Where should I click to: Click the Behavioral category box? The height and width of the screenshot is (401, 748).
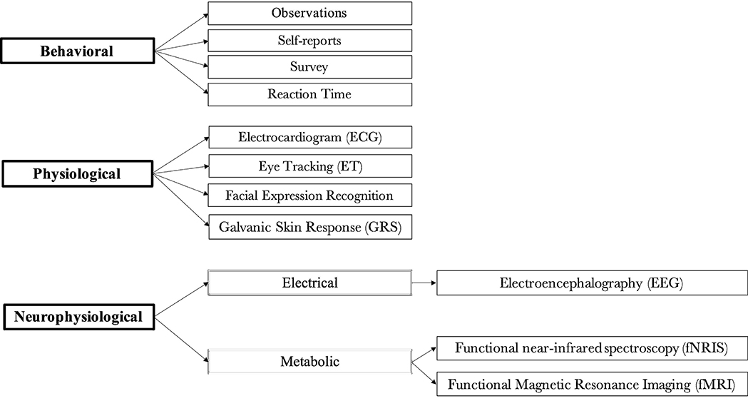tap(77, 51)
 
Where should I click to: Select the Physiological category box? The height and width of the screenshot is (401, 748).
tap(77, 173)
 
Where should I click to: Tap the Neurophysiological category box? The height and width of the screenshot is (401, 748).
tap(77, 315)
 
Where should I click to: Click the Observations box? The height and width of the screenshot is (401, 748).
tap(309, 14)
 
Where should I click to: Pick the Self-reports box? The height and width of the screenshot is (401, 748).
tap(309, 41)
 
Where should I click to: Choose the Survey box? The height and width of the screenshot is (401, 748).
tap(309, 67)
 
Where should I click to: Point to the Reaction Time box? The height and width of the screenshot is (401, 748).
tap(309, 94)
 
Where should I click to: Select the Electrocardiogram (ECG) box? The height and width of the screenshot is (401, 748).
tap(309, 136)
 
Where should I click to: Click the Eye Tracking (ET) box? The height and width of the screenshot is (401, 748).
tap(309, 166)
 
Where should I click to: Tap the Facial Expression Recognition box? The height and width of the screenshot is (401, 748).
tap(309, 195)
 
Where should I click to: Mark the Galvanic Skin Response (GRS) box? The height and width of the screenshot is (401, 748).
tap(309, 226)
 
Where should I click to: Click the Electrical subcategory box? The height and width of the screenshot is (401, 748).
tap(309, 283)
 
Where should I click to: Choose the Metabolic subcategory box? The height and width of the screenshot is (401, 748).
tap(309, 362)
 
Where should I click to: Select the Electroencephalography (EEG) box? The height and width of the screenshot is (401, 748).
tap(591, 283)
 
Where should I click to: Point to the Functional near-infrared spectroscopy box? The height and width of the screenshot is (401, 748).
tap(591, 349)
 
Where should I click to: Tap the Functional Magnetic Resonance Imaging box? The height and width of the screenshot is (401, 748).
tap(591, 385)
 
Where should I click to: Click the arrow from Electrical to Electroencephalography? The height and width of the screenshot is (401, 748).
tap(424, 283)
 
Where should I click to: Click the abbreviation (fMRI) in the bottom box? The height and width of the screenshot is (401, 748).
tap(714, 385)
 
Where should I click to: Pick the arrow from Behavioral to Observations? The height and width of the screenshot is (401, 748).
tap(181, 31)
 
